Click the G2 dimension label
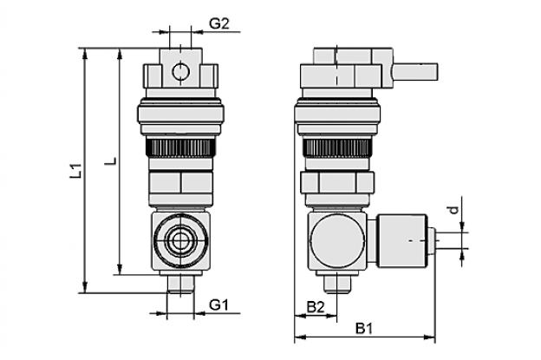tap(219, 23)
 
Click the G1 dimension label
tap(219, 305)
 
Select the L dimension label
tap(112, 160)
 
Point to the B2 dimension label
tap(316, 307)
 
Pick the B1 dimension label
tap(364, 329)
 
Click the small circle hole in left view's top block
tap(180, 72)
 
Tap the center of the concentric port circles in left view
tap(180, 240)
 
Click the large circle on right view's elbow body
tap(337, 240)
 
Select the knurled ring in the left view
tap(180, 147)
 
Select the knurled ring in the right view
tap(337, 147)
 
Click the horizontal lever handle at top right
tap(415, 72)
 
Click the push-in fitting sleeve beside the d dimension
tap(402, 240)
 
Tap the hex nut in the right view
tap(337, 182)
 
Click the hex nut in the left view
tap(180, 183)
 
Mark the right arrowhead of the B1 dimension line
tap(430, 337)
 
